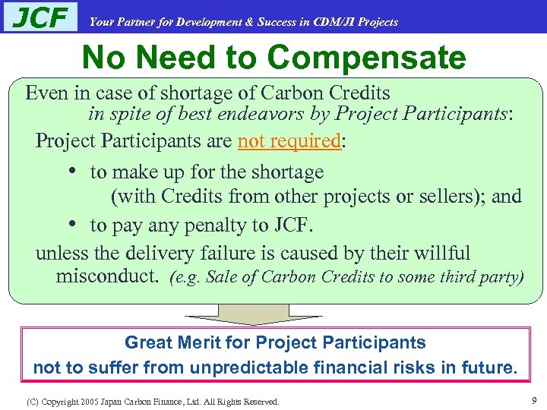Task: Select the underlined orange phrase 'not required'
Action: pos(289,141)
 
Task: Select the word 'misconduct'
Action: pos(106,276)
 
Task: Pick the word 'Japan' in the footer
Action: pos(111,401)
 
